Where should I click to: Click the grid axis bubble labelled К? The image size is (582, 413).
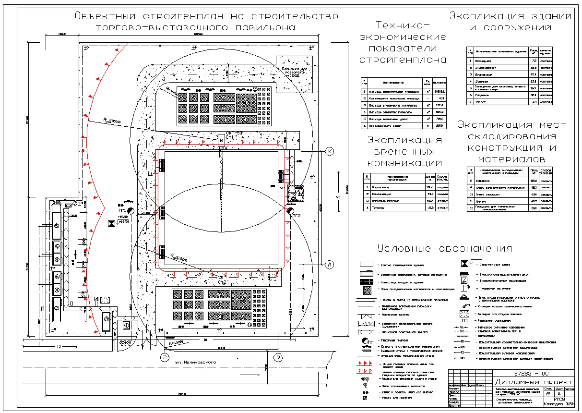point(330,151)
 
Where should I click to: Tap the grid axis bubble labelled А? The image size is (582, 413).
point(329,264)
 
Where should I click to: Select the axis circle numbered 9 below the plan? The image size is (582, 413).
point(277,357)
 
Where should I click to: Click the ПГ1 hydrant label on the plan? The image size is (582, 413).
point(122,210)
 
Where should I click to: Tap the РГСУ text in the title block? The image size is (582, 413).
point(560,399)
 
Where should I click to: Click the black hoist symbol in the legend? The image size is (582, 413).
point(464,264)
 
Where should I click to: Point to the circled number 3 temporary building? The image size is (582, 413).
point(107,318)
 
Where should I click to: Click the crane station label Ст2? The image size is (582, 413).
point(222,282)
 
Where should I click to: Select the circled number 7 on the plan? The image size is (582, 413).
point(75,204)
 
